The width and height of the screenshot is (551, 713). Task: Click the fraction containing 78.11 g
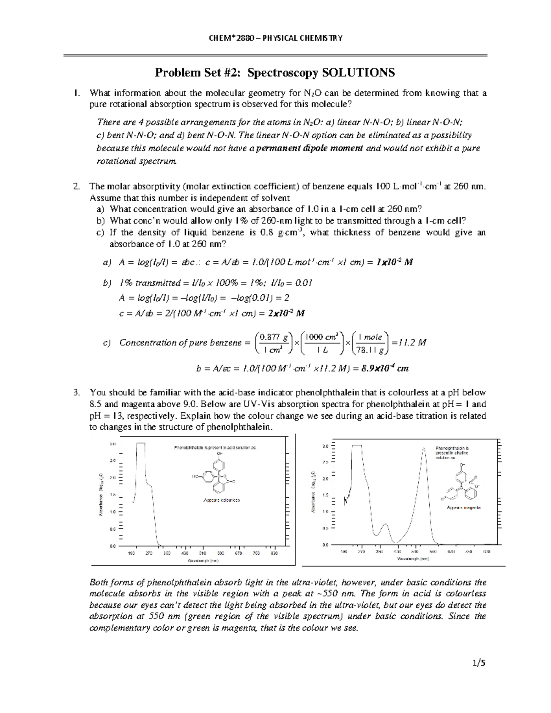pyautogui.click(x=370, y=342)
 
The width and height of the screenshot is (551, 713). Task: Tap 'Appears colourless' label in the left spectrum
pyautogui.click(x=221, y=500)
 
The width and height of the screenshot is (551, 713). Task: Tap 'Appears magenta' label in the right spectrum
pyautogui.click(x=464, y=508)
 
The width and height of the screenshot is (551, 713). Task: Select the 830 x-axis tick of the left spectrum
pyautogui.click(x=274, y=553)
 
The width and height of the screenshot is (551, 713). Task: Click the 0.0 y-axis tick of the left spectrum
pyautogui.click(x=112, y=546)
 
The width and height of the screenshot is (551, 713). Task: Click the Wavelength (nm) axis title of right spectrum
pyautogui.click(x=413, y=559)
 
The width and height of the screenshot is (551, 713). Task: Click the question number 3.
pyautogui.click(x=77, y=393)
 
